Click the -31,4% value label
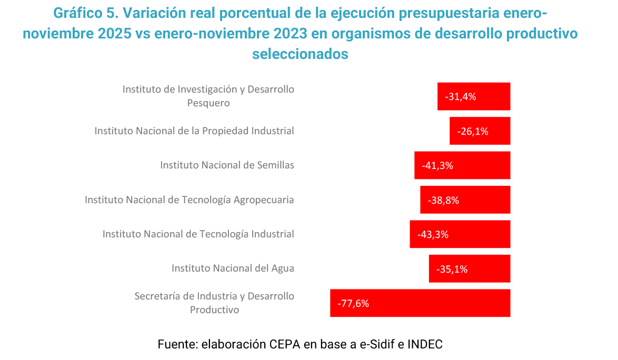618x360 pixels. (x=461, y=97)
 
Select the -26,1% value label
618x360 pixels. (x=473, y=131)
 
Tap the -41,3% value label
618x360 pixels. (x=437, y=165)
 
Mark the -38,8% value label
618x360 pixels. (x=443, y=200)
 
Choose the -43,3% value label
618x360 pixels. (x=433, y=234)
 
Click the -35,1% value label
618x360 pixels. (x=452, y=269)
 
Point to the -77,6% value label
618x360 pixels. (x=353, y=303)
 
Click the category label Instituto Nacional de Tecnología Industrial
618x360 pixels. (x=198, y=234)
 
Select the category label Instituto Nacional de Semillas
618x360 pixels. (x=227, y=165)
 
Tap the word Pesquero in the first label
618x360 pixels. (x=208, y=103)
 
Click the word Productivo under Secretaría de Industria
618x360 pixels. (x=214, y=310)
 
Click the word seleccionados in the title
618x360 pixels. (x=300, y=54)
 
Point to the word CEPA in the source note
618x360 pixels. (x=285, y=345)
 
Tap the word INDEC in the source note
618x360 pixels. (x=424, y=345)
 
